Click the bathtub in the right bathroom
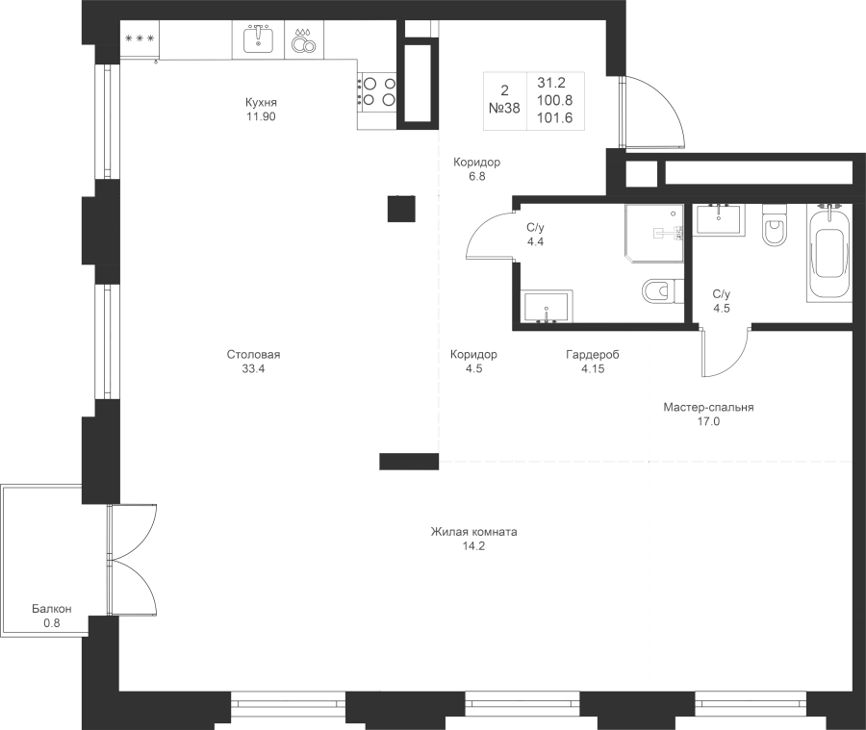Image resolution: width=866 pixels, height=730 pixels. tap(829, 252)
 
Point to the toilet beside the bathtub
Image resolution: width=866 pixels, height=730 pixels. tap(774, 229)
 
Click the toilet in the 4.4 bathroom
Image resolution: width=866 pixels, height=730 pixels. tap(659, 290)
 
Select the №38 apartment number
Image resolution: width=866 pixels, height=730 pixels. tap(504, 109)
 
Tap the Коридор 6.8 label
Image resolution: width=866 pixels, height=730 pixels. tap(477, 169)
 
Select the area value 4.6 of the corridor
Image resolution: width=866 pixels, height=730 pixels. tap(472, 367)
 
